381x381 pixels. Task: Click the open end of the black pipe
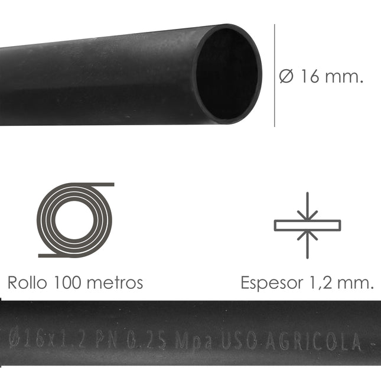tap(228, 74)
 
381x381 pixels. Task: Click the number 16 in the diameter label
tap(311, 77)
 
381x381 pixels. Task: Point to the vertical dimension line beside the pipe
tap(275, 75)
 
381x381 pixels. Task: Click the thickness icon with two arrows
tap(307, 225)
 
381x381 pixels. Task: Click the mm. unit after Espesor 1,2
tap(356, 283)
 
